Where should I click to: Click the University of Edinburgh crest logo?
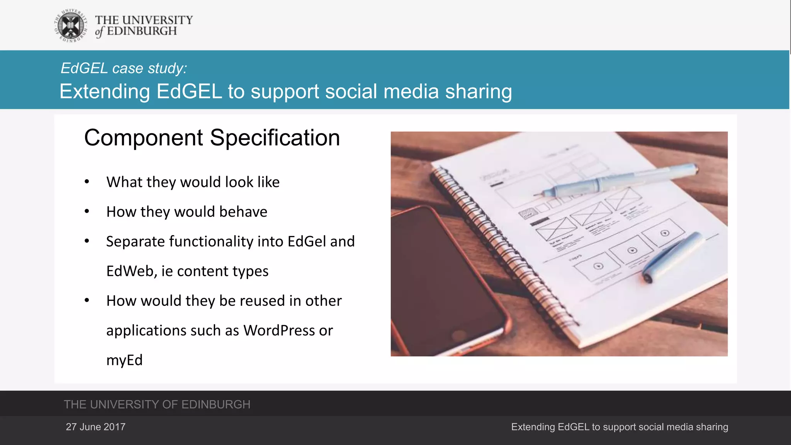coord(71,26)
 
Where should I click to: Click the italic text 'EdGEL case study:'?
coord(124,68)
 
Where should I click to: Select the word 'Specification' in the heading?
coord(275,138)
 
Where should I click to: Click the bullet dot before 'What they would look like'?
coord(87,182)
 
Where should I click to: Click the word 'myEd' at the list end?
coord(124,360)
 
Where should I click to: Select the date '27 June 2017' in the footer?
coord(95,427)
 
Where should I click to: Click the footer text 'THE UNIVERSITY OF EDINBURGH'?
coord(157,404)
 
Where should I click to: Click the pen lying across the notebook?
coord(618,180)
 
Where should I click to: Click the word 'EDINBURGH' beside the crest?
coord(142,31)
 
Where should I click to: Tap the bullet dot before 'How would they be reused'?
coord(87,300)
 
